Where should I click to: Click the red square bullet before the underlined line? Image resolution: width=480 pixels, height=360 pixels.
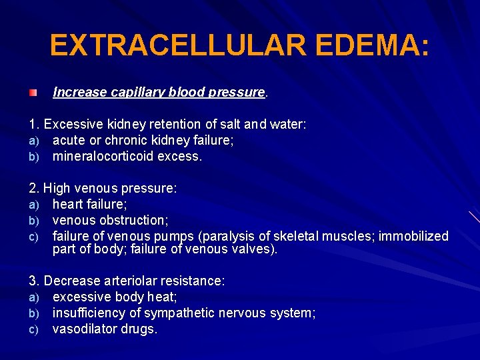[33, 92]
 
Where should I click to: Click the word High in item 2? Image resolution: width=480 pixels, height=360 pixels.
[57, 188]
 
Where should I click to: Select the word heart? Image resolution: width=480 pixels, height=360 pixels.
[68, 204]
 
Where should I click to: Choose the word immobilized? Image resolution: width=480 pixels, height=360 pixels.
[414, 236]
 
